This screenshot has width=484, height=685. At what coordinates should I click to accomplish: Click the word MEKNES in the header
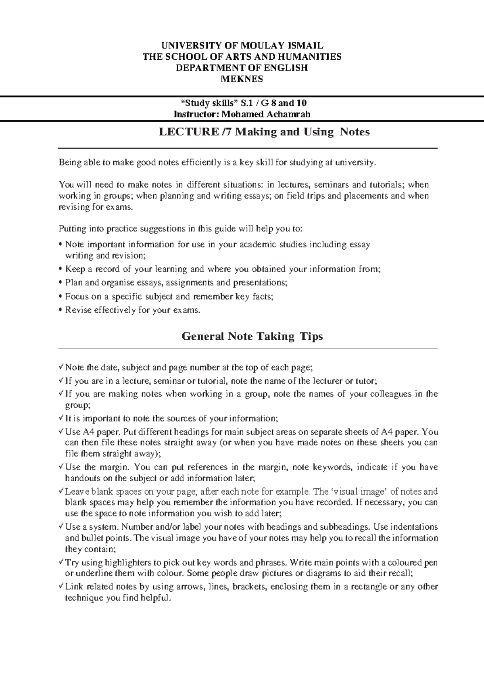click(x=242, y=79)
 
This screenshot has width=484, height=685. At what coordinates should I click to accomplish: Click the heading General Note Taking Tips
click(x=252, y=336)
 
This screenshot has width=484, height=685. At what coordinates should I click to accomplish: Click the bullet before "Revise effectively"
click(x=60, y=311)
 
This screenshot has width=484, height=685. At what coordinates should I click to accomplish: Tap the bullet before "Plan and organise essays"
click(x=60, y=283)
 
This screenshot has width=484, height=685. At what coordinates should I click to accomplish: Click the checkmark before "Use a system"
click(x=60, y=526)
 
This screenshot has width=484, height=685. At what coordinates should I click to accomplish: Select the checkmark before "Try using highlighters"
click(x=60, y=562)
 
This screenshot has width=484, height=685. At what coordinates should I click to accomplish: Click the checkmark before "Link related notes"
click(x=60, y=586)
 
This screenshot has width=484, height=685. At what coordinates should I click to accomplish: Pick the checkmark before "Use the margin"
click(x=60, y=467)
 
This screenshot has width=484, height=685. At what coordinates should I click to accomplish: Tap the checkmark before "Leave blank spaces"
click(x=60, y=491)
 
